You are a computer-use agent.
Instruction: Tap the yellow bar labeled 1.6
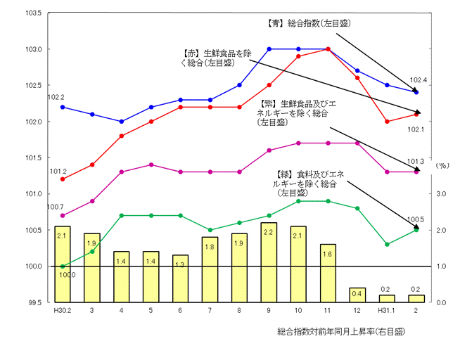[328, 273]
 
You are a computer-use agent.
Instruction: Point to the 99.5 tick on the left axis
[34, 302]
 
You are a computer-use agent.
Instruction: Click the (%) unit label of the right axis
[442, 165]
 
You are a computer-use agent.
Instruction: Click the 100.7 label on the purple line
[56, 207]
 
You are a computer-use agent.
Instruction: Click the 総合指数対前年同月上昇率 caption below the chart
[343, 330]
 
